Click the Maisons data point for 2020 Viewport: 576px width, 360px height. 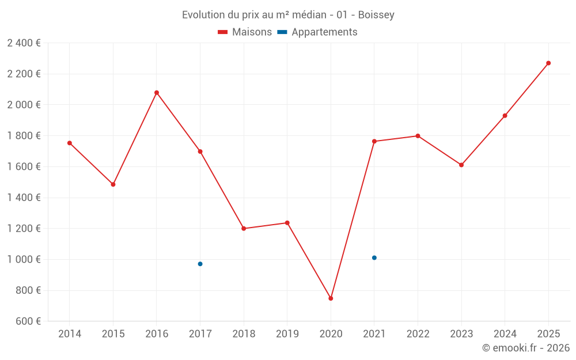tap(331, 298)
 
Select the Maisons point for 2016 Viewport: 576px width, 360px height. tap(157, 93)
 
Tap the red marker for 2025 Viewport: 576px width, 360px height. tap(548, 63)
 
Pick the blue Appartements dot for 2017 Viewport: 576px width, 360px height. tap(200, 264)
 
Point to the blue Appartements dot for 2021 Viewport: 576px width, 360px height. tap(374, 257)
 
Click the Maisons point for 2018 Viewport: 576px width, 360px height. tap(244, 229)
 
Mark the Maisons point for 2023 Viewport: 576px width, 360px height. tap(461, 165)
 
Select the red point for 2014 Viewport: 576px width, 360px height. tap(70, 143)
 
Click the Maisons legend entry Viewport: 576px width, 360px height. tap(245, 32)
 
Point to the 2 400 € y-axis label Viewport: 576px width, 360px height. tap(24, 43)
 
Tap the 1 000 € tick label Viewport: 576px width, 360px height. tap(24, 260)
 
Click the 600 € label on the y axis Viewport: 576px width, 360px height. tap(27, 321)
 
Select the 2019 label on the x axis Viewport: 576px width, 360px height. tap(287, 334)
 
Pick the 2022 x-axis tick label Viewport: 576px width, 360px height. tap(418, 334)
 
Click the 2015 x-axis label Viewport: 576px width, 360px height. tap(113, 334)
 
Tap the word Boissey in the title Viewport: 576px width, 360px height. tap(376, 15)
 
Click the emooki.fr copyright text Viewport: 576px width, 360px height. tap(526, 348)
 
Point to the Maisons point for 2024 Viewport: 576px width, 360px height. tap(505, 116)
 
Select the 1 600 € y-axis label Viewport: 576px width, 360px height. tap(24, 167)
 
